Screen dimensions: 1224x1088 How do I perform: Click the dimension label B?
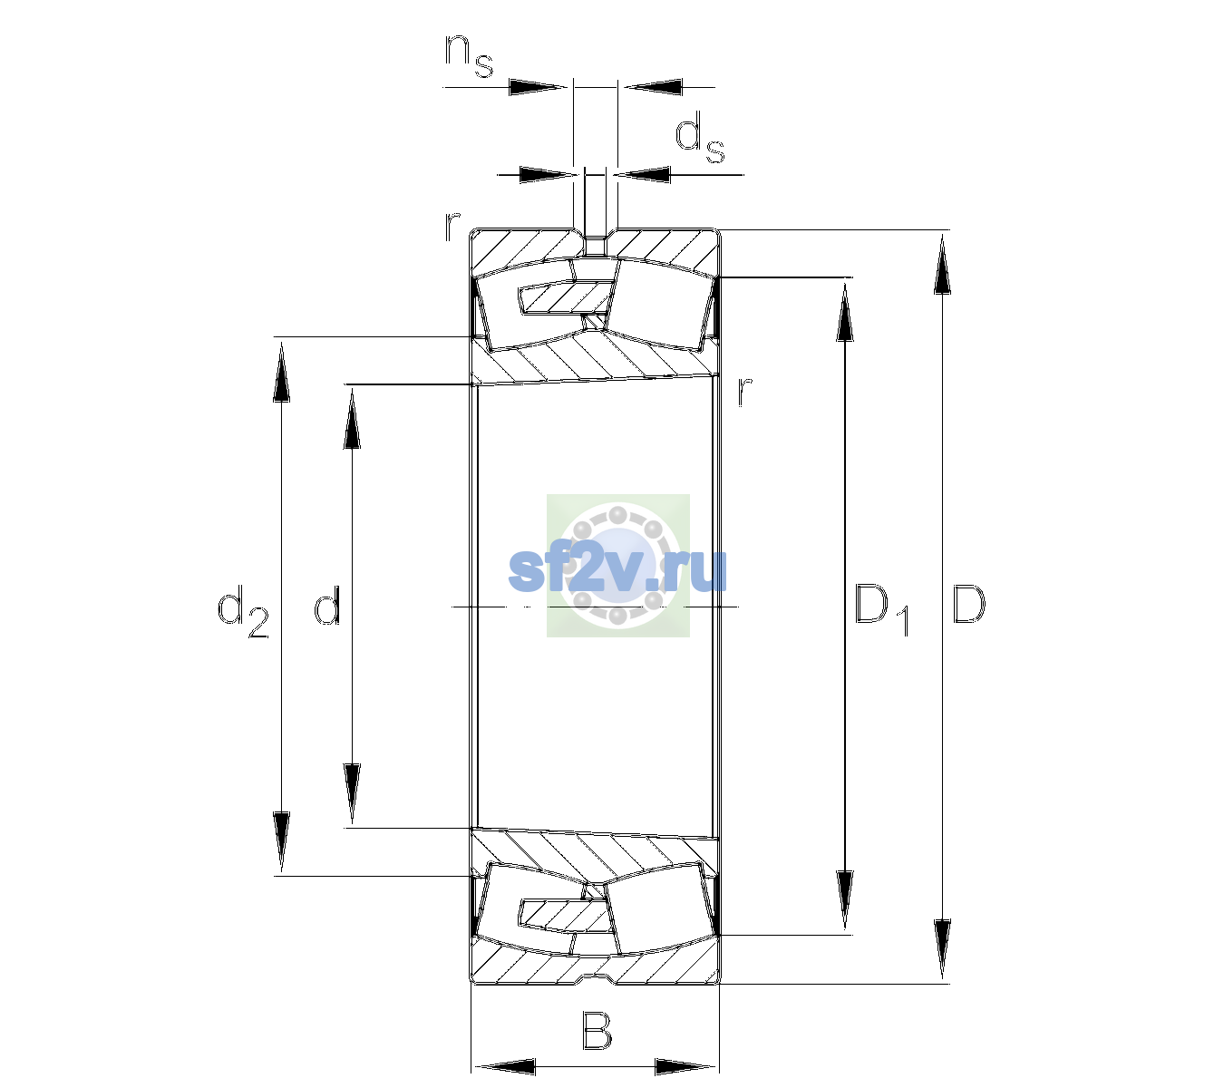(597, 1030)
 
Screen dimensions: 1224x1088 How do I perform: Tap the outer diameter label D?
(968, 604)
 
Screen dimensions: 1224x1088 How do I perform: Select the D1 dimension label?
(881, 609)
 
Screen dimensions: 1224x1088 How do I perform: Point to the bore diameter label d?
(327, 604)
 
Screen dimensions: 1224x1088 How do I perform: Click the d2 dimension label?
(243, 611)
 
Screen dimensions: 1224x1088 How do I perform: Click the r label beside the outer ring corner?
(452, 226)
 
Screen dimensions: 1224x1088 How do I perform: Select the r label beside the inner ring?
(745, 391)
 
